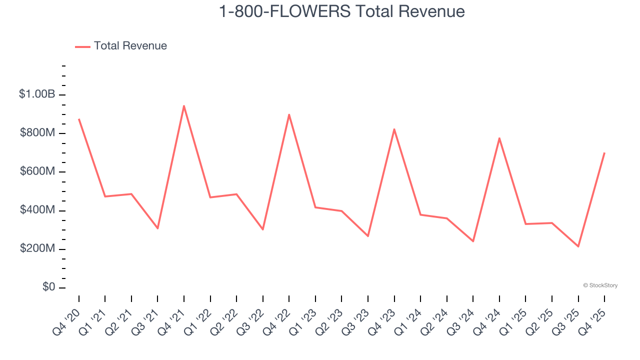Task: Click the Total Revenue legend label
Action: pyautogui.click(x=130, y=46)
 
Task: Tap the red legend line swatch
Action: pyautogui.click(x=82, y=46)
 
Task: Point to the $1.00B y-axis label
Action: pyautogui.click(x=37, y=94)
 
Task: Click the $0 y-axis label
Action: pyautogui.click(x=49, y=287)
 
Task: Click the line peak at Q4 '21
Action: pyautogui.click(x=184, y=106)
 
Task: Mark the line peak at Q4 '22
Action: pyautogui.click(x=289, y=114)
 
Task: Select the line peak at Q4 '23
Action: pyautogui.click(x=394, y=129)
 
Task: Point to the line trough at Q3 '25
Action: pyautogui.click(x=578, y=246)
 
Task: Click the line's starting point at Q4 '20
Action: pyautogui.click(x=79, y=119)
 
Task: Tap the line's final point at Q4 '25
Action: pyautogui.click(x=604, y=153)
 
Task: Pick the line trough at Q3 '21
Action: pyautogui.click(x=157, y=228)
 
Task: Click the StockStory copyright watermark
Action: pyautogui.click(x=600, y=285)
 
